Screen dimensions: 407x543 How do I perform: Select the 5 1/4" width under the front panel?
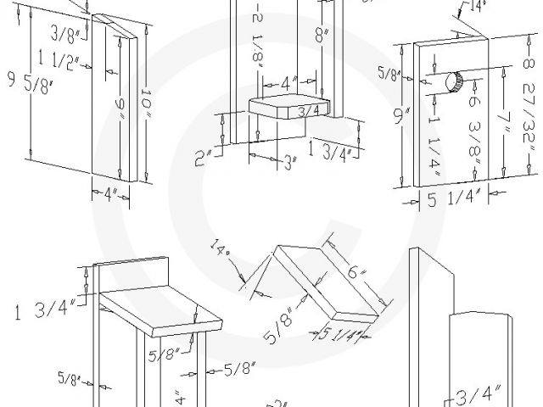(452, 201)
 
